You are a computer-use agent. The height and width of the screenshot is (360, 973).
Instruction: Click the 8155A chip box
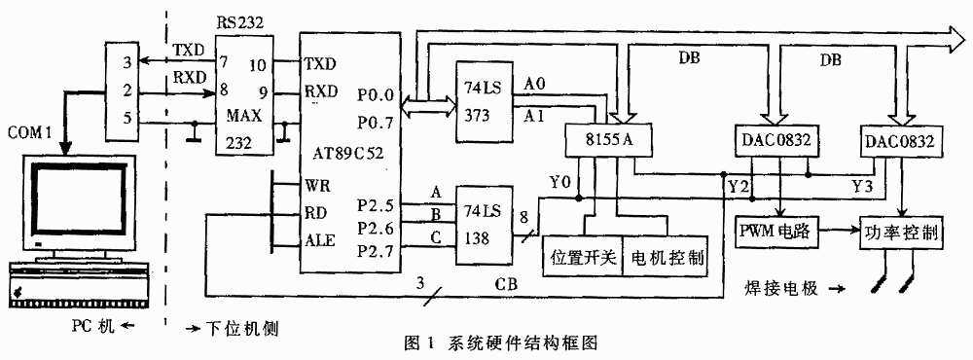[601, 140]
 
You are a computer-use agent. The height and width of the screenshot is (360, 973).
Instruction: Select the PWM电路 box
[774, 234]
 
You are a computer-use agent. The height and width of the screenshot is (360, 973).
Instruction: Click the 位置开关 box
[580, 258]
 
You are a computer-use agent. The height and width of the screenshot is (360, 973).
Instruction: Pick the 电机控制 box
[665, 258]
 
